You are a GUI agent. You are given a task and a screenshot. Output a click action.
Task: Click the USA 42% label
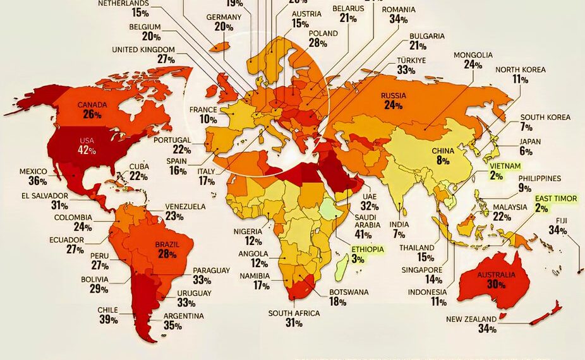point(87,145)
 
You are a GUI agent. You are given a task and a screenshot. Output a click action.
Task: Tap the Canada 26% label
point(92,109)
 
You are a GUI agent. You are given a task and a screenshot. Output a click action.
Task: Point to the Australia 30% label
point(496,280)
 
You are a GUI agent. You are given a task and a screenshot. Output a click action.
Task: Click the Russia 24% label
point(392,100)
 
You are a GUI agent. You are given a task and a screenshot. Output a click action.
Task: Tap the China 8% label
point(442,156)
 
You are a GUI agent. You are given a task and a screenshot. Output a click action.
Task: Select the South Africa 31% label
point(294,318)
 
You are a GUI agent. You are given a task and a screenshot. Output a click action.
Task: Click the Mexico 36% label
point(33,176)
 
